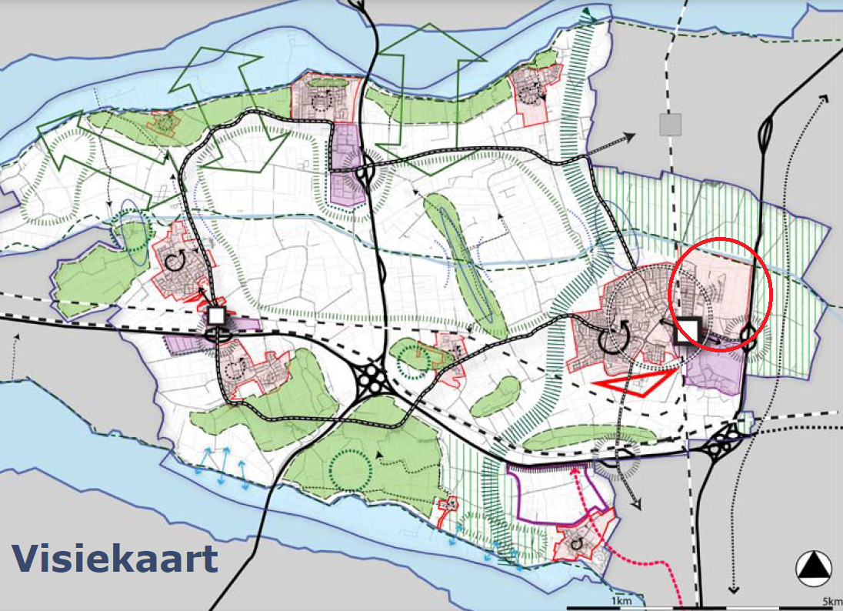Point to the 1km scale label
coord(621,600)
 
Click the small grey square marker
coord(671,124)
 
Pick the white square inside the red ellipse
coord(686,332)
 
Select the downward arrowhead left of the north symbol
coord(733,589)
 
